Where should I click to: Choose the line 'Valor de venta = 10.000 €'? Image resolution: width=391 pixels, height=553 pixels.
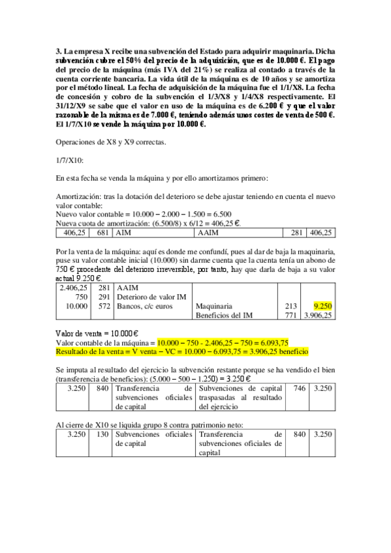pyautogui.click(x=99, y=332)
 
